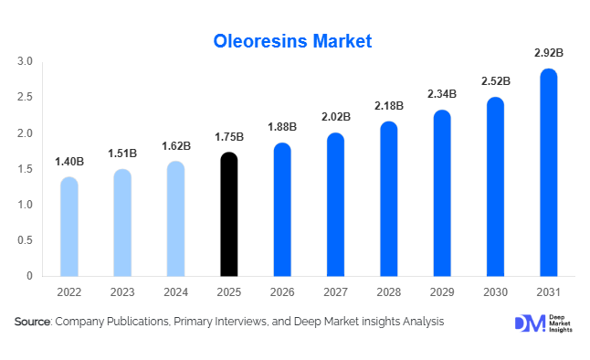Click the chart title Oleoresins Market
[293, 41]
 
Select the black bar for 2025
[229, 215]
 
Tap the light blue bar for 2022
[68, 227]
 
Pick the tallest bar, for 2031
[548, 174]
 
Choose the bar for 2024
[175, 219]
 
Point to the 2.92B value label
[548, 54]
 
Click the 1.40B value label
[68, 162]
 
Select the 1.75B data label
[229, 137]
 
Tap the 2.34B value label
[441, 94]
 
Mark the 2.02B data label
[336, 117]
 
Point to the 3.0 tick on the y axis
[25, 62]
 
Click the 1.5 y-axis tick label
[25, 169]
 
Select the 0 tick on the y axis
[30, 276]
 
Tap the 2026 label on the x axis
[282, 293]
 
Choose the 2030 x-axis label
[495, 293]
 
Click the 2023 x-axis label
[122, 293]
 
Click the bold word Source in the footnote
[33, 322]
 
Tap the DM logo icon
[529, 323]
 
